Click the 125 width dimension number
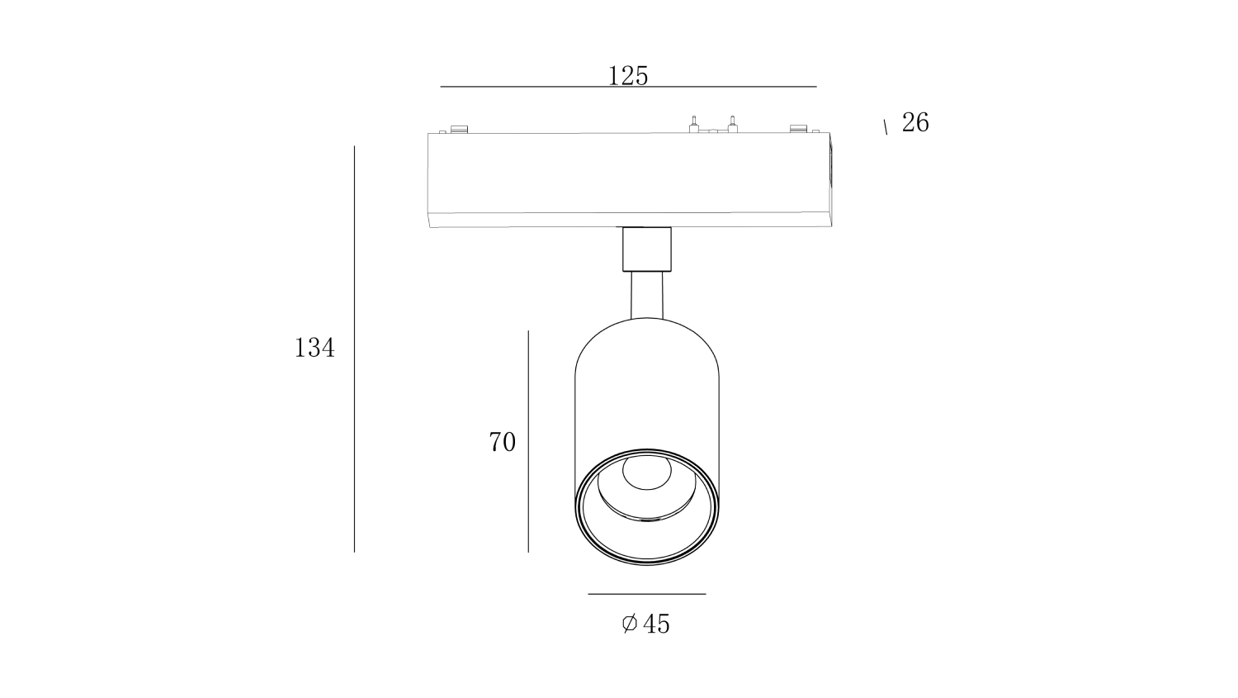(628, 76)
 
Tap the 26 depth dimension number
(915, 122)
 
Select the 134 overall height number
(314, 348)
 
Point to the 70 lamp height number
(502, 442)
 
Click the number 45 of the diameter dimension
(656, 624)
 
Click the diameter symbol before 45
(630, 624)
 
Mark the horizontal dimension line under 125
(628, 87)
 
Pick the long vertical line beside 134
(354, 349)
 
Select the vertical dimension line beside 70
(528, 441)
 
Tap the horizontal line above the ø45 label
(646, 594)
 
